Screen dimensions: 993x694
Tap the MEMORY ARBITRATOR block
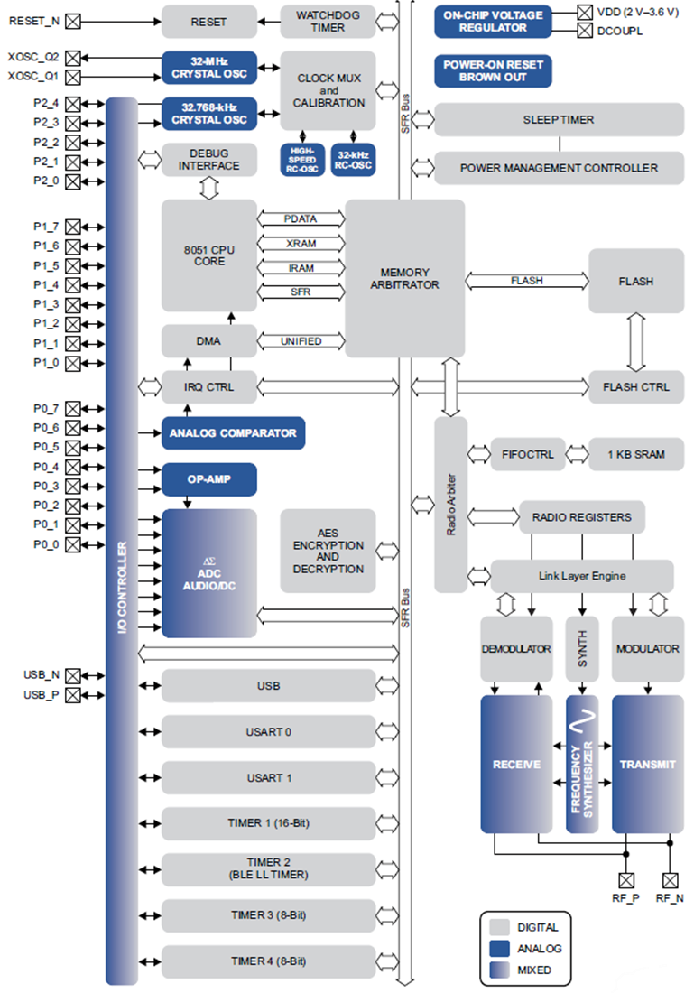pos(404,278)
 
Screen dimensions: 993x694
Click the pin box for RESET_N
pos(73,21)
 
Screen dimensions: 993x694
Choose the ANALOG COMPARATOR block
pos(233,433)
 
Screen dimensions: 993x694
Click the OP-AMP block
pos(208,479)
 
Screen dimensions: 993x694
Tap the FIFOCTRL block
pos(527,454)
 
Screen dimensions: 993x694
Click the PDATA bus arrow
pos(301,218)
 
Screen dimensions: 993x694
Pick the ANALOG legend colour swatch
pos(499,949)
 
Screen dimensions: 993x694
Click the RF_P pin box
pos(624,880)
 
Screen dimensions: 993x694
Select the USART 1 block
pos(268,777)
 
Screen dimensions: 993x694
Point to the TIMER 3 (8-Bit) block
pos(268,914)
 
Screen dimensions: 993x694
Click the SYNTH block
pos(582,649)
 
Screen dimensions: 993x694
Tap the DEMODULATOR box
pos(515,649)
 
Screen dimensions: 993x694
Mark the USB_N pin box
pos(73,675)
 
